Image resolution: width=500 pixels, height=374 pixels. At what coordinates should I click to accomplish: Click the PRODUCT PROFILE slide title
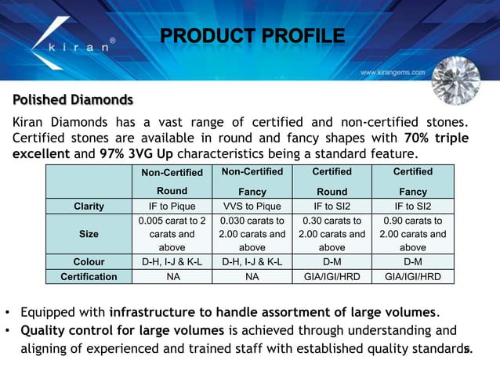pyautogui.click(x=252, y=36)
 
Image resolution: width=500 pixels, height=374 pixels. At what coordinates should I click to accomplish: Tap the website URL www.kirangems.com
pyautogui.click(x=393, y=72)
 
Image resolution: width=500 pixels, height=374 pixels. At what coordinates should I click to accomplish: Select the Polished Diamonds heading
pyautogui.click(x=72, y=100)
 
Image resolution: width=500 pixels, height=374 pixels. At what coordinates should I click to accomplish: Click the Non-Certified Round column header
pyautogui.click(x=172, y=182)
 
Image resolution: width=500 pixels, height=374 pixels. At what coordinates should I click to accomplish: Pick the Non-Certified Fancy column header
pyautogui.click(x=252, y=182)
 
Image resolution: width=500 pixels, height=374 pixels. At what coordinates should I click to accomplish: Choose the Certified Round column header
pyautogui.click(x=332, y=182)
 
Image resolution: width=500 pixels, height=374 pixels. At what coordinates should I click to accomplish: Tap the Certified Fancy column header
pyautogui.click(x=412, y=182)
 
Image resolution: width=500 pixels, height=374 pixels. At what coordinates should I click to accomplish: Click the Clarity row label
pyautogui.click(x=89, y=207)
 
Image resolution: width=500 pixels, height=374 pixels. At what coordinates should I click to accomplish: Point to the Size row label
pyautogui.click(x=89, y=234)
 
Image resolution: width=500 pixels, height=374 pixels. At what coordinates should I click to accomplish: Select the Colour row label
pyautogui.click(x=89, y=261)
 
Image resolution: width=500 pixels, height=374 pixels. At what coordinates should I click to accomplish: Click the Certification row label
pyautogui.click(x=89, y=276)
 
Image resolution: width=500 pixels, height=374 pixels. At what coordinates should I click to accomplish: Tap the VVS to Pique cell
pyautogui.click(x=252, y=207)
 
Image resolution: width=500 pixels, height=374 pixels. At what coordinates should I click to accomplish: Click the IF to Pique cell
pyautogui.click(x=172, y=207)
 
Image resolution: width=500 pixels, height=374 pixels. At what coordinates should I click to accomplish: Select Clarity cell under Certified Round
pyautogui.click(x=332, y=207)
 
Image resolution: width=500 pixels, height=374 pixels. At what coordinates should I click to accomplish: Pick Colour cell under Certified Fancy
pyautogui.click(x=412, y=261)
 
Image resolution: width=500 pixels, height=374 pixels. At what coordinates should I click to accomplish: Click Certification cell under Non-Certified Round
pyautogui.click(x=172, y=276)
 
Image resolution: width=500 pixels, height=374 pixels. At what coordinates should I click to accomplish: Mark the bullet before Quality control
pyautogui.click(x=8, y=330)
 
